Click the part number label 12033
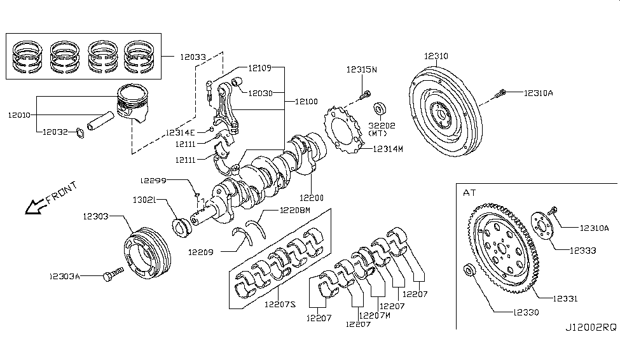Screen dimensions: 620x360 click(193, 57)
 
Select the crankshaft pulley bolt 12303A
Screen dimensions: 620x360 click(113, 274)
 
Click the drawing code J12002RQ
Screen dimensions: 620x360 click(591, 328)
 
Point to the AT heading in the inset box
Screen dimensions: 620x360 click(469, 193)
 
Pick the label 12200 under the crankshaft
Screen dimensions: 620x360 click(312, 198)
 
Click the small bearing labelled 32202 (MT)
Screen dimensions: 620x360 click(380, 108)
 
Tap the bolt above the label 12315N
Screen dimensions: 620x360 click(366, 95)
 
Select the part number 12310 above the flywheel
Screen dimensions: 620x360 click(436, 56)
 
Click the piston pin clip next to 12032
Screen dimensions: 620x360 click(79, 134)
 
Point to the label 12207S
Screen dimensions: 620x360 click(280, 305)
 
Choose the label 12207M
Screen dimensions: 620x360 click(375, 315)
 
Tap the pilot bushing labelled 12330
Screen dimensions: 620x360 click(469, 270)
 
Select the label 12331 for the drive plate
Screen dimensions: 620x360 click(565, 299)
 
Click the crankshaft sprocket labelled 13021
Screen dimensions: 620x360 click(183, 228)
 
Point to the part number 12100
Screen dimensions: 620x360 click(307, 102)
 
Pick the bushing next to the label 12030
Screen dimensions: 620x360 click(237, 81)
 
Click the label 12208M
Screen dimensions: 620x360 click(295, 210)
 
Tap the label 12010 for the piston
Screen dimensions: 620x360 click(19, 115)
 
